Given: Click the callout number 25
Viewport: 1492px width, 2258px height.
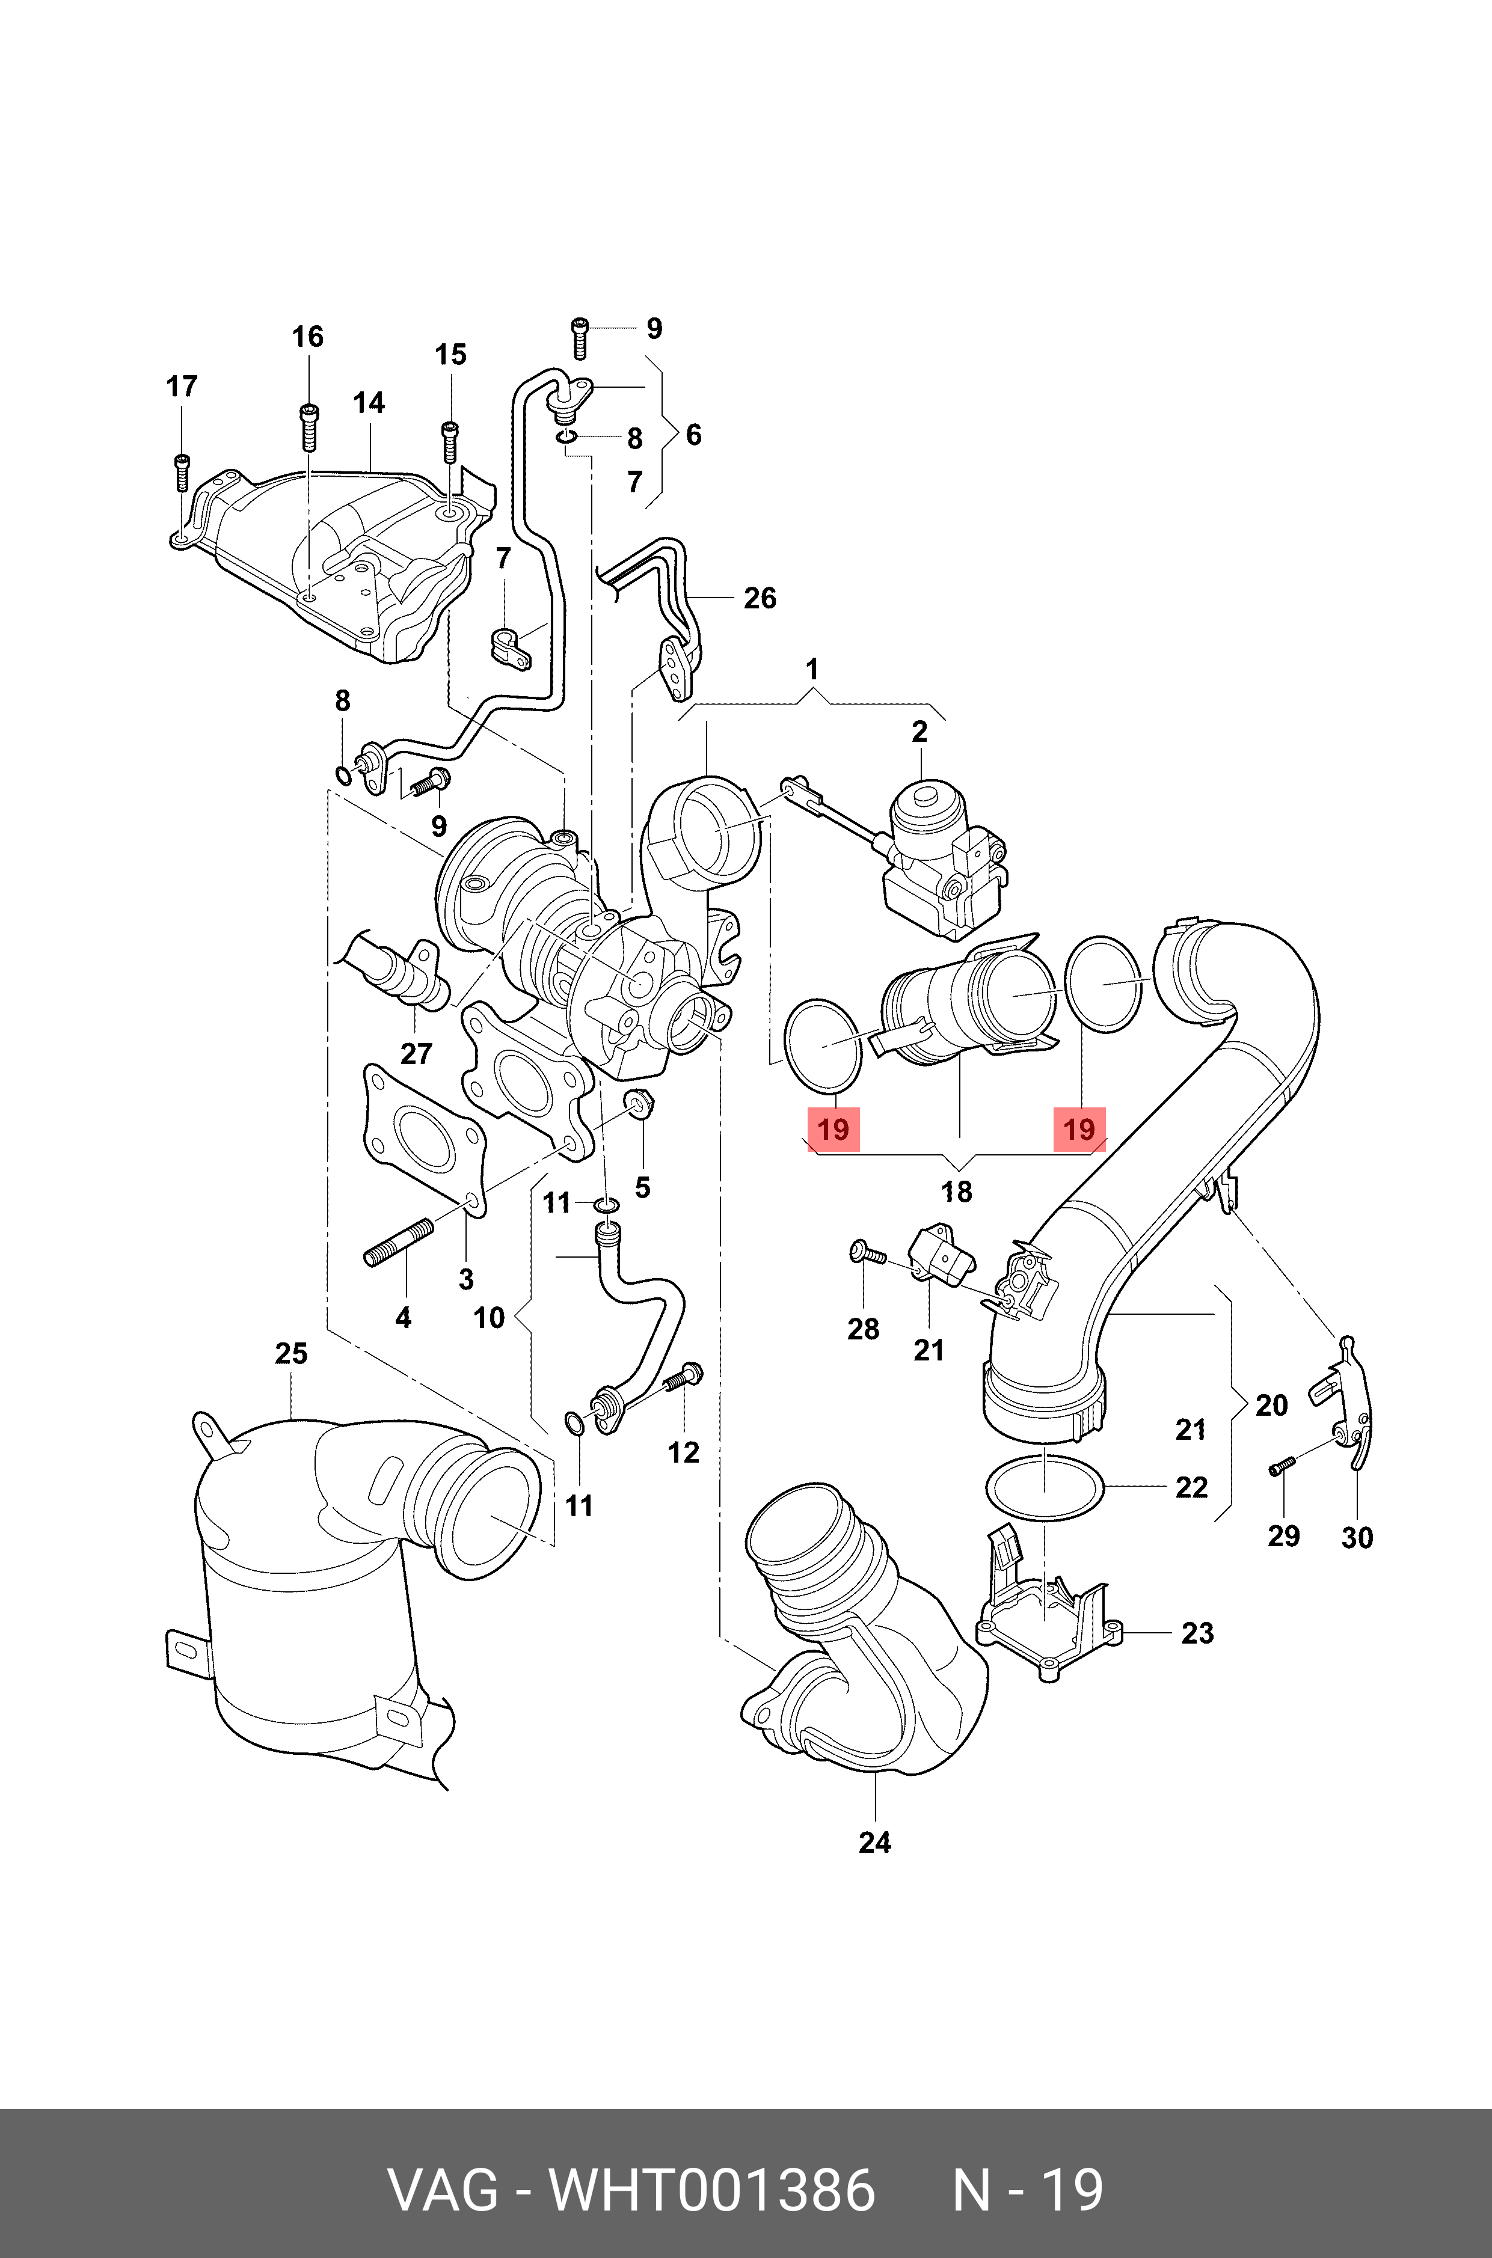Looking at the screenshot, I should click(291, 1353).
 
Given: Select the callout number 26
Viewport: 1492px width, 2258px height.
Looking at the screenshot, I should click(760, 598).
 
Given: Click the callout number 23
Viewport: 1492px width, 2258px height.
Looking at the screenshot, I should click(1197, 1633).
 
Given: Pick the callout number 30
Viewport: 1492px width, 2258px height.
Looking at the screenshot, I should click(1357, 1538).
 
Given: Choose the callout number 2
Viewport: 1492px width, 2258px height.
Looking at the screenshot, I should click(919, 732).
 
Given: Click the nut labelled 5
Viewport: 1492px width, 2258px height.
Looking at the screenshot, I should click(639, 1104).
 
